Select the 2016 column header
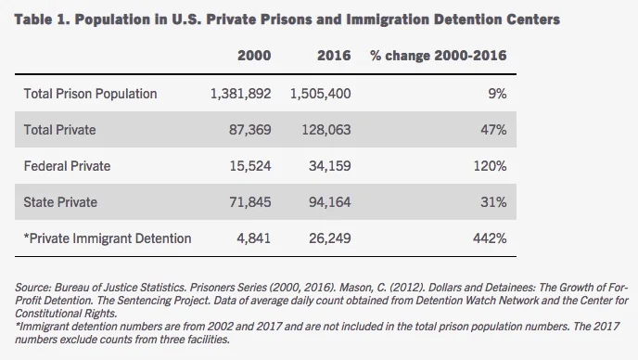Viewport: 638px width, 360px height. [x=333, y=56]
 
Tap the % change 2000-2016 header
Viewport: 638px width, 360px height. [x=438, y=56]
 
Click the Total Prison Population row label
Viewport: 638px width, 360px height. [x=90, y=94]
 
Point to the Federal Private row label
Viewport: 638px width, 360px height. [x=68, y=166]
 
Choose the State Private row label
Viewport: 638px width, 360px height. [x=61, y=202]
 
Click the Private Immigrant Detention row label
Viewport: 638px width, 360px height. [x=108, y=238]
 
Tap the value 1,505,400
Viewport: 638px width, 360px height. [x=320, y=94]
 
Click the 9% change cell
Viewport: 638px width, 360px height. [x=496, y=94]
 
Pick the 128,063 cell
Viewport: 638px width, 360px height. [x=325, y=130]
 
